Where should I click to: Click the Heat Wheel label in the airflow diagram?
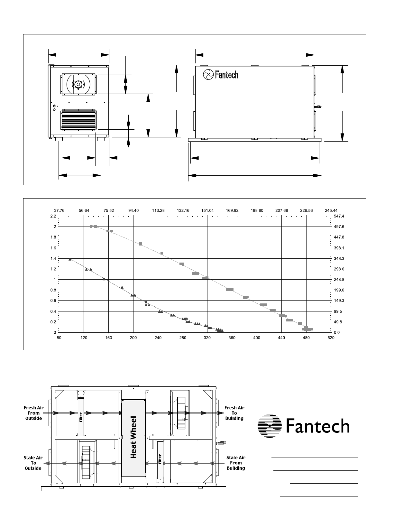coord(133,437)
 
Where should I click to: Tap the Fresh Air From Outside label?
coord(33,413)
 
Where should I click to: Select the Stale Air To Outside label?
coord(33,463)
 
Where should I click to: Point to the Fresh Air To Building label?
coord(234,413)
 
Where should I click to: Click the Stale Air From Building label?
coord(236,463)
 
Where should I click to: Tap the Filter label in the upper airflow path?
coord(81,417)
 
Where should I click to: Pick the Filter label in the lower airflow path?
coord(160,459)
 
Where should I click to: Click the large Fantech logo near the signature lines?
coord(304,426)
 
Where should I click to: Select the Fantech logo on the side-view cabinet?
coord(221,75)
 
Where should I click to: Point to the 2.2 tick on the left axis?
coord(53,216)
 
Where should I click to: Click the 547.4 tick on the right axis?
coord(339,216)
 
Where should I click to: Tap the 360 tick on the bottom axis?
coord(232,338)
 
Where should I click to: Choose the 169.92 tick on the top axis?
coord(232,210)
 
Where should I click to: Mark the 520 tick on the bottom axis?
coord(331,338)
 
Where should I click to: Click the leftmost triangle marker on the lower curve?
coord(70,259)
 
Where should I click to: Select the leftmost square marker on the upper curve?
coord(91,227)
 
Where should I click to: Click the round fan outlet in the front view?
coord(78,85)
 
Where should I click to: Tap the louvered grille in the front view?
coord(78,120)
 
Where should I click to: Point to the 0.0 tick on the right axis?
coord(337,332)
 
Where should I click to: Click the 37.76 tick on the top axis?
coord(59,210)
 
